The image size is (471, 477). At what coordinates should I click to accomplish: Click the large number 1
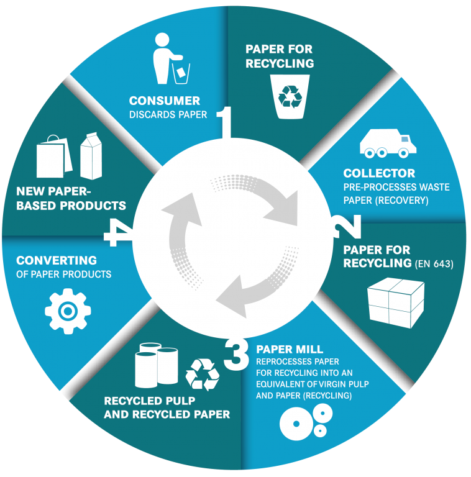(225, 122)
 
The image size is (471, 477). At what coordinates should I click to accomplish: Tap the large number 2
(348, 226)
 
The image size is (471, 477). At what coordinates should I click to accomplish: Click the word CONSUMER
(165, 101)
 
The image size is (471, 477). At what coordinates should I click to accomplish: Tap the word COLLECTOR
(379, 173)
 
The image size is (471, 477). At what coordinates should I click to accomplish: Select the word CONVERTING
(57, 260)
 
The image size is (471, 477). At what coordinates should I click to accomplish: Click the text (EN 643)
(434, 264)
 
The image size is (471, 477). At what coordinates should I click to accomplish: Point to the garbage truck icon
(388, 143)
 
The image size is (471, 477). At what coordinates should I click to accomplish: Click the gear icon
(68, 311)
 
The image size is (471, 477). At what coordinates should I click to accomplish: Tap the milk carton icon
(91, 156)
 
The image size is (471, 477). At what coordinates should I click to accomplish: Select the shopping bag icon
(54, 157)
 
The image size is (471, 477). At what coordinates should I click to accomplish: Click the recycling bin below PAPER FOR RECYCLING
(290, 97)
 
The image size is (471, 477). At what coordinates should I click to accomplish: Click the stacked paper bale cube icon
(396, 302)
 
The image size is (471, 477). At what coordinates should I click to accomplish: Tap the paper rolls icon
(156, 365)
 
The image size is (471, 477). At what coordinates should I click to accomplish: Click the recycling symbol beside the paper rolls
(203, 375)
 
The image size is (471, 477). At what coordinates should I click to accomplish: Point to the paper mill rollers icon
(306, 422)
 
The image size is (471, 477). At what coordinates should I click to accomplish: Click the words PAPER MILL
(290, 349)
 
